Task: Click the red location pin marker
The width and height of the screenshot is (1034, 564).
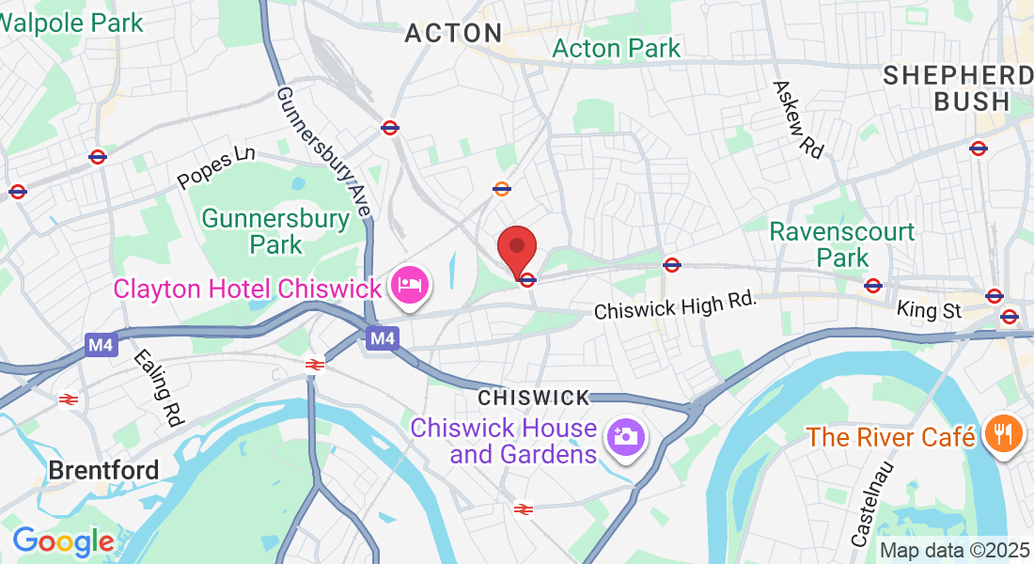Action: click(x=516, y=250)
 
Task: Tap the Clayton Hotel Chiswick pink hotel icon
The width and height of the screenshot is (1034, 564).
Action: click(x=411, y=285)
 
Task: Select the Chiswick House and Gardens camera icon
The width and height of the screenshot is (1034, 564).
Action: click(x=625, y=437)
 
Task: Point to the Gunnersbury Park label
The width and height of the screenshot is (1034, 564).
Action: click(x=262, y=231)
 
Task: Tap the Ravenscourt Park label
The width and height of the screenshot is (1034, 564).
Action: click(x=842, y=243)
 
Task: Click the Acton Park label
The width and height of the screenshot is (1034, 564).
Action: click(x=617, y=48)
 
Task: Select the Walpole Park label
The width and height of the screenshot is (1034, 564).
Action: click(x=72, y=22)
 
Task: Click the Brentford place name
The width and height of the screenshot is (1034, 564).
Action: click(x=103, y=469)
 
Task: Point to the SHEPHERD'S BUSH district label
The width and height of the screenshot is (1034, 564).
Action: click(x=958, y=88)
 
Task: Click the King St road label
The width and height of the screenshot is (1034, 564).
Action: click(x=930, y=308)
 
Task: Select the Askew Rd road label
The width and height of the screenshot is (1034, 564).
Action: click(x=798, y=117)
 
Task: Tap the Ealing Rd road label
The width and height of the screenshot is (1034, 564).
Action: click(x=157, y=388)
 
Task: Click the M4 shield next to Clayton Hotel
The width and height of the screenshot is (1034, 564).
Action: click(x=381, y=337)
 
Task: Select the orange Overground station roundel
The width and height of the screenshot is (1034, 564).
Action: click(x=501, y=189)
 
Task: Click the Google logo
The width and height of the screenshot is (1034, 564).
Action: click(x=63, y=541)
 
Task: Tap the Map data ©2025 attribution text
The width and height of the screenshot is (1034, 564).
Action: click(x=954, y=550)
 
